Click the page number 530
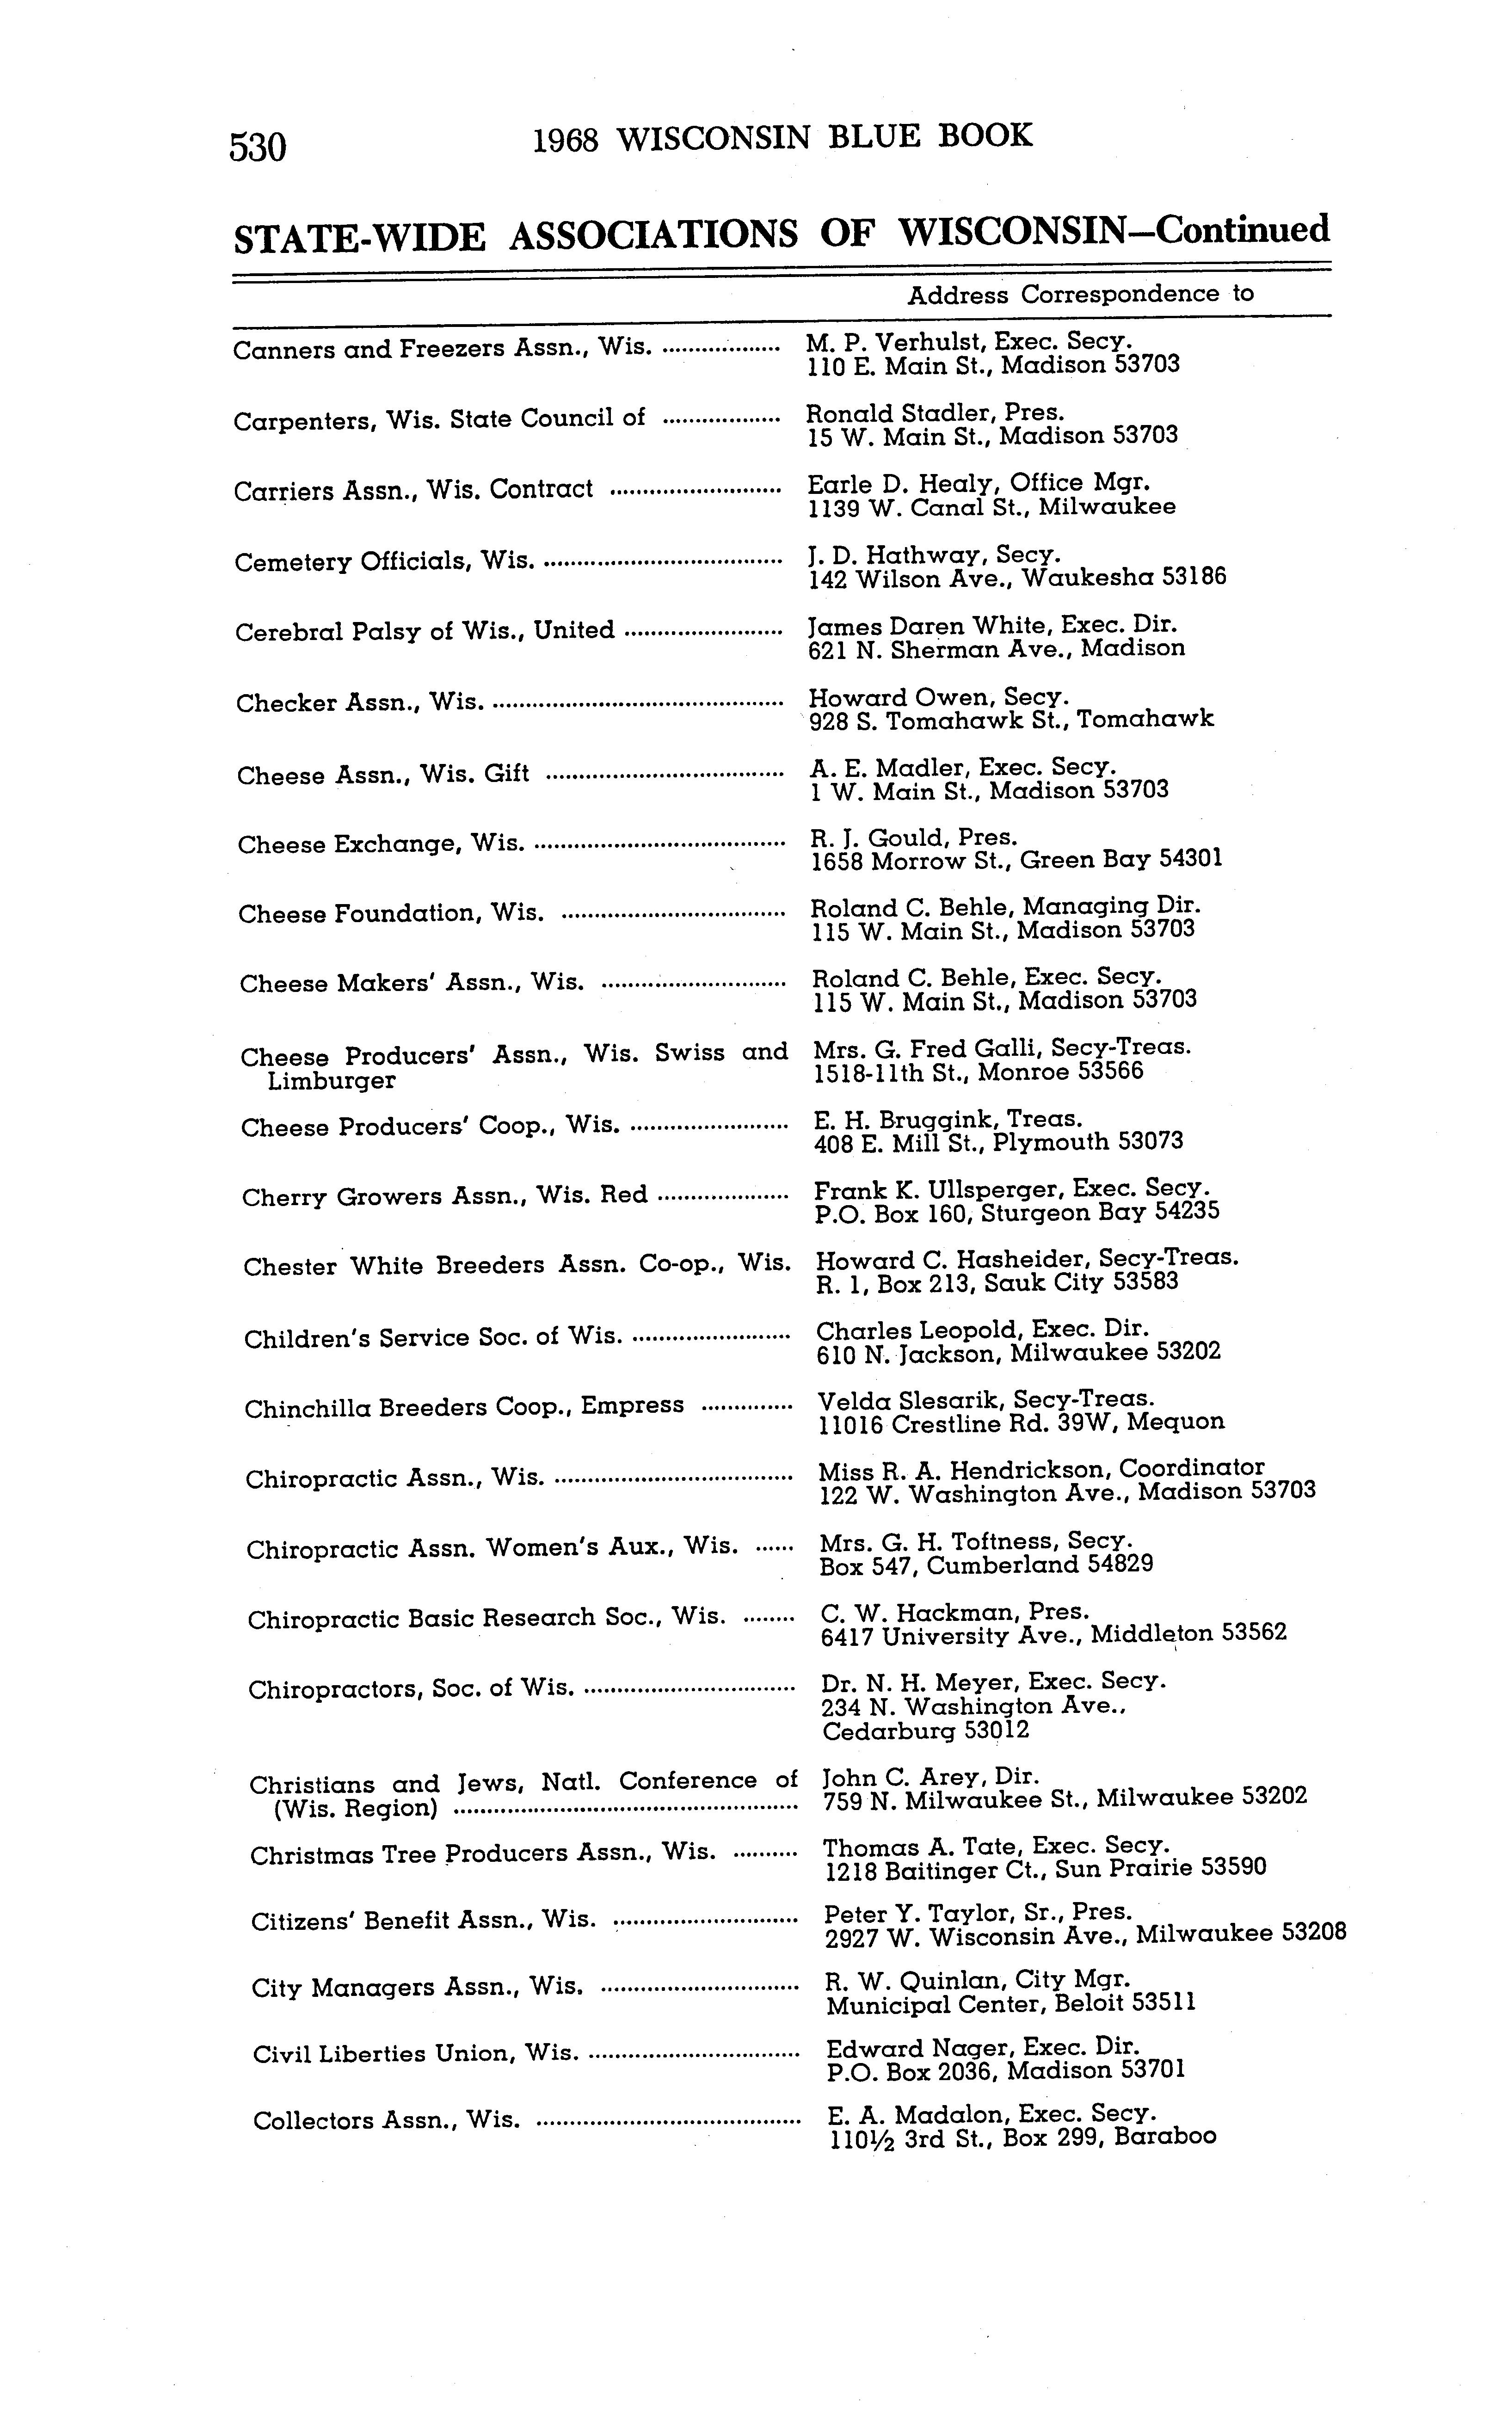259,147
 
